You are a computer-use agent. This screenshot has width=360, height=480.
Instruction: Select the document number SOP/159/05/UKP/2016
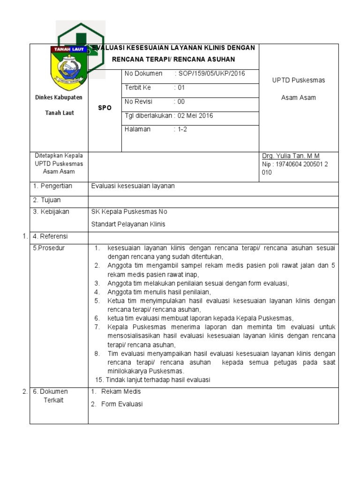[x=210, y=74]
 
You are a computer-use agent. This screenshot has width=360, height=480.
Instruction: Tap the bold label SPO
[x=105, y=108]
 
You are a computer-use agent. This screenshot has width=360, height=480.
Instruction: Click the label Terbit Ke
[x=138, y=88]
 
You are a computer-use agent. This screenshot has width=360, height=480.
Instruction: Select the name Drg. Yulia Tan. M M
[x=291, y=156]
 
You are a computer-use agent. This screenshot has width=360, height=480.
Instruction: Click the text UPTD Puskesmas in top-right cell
[x=299, y=80]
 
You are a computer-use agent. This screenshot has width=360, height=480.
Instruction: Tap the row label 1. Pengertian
[x=52, y=186]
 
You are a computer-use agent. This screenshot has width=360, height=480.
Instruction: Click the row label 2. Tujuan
[x=47, y=200]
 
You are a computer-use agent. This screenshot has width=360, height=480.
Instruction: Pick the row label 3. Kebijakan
[x=51, y=211]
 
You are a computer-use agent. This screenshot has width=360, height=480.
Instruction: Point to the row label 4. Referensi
[x=51, y=236]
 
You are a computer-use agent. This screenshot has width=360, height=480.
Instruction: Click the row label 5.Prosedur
[x=49, y=248]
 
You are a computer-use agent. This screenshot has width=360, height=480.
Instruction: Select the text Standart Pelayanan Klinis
[x=128, y=224]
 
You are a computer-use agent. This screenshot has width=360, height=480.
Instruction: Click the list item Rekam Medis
[x=121, y=391]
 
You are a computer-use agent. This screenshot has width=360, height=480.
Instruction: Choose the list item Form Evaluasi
[x=122, y=404]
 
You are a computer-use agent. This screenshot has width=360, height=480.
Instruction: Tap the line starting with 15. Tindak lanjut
[x=152, y=380]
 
